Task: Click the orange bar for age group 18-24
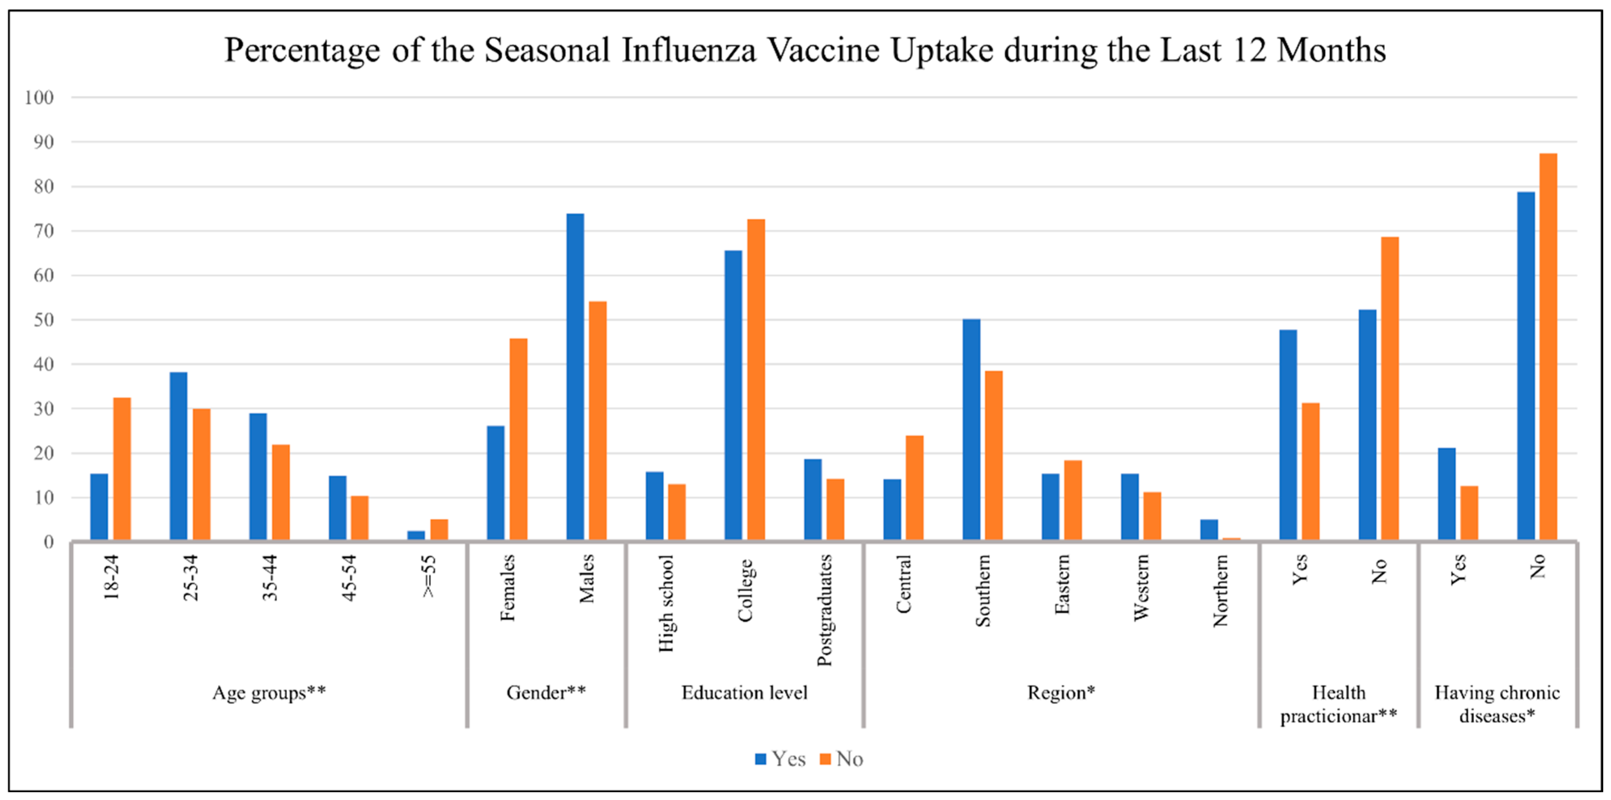[122, 469]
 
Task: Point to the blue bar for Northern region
[1209, 529]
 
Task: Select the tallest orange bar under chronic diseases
[1548, 347]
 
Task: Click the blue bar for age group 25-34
[178, 456]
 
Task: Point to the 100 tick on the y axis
[39, 98]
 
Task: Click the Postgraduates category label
[824, 610]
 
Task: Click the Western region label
[1141, 587]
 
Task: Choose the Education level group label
[744, 692]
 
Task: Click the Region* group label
[1061, 692]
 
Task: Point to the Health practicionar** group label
[1338, 704]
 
